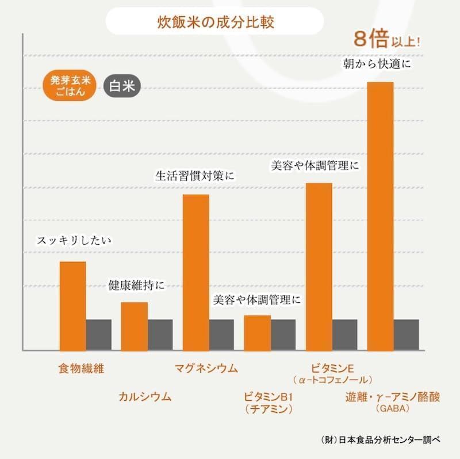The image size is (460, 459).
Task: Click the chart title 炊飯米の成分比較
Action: click(x=216, y=23)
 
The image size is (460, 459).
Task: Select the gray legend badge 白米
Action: click(x=122, y=87)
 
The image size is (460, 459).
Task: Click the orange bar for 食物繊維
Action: click(x=73, y=305)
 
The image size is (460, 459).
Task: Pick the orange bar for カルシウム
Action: click(x=134, y=326)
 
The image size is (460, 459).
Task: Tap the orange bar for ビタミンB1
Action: click(x=257, y=332)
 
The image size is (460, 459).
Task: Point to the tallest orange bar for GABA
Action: click(x=380, y=216)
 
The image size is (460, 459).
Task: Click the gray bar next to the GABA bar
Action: click(x=406, y=334)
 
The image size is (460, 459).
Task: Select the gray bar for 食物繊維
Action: click(x=98, y=334)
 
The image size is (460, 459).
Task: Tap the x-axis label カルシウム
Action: click(x=145, y=397)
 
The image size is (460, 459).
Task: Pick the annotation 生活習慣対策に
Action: click(x=195, y=175)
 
